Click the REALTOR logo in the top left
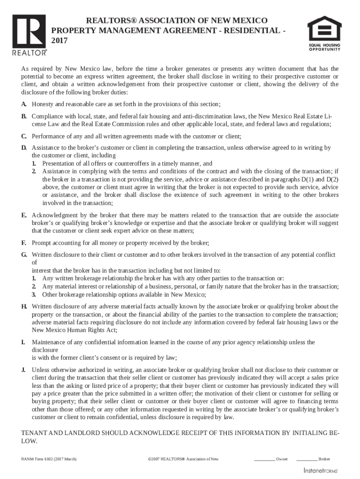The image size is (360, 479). (29, 35)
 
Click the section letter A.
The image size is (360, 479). (24, 104)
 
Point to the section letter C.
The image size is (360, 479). (24, 137)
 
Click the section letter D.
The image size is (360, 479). (24, 148)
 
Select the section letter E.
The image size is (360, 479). (24, 215)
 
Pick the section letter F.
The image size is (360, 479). (24, 243)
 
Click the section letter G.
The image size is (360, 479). (24, 255)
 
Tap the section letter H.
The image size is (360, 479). (24, 306)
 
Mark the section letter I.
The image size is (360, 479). (23, 342)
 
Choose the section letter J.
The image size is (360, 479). (23, 370)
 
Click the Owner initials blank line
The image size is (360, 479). (264, 460)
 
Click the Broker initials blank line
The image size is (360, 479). (306, 460)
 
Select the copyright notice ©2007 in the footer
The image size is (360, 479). (183, 459)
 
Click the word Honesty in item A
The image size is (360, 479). (43, 104)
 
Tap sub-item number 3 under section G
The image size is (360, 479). (34, 295)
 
